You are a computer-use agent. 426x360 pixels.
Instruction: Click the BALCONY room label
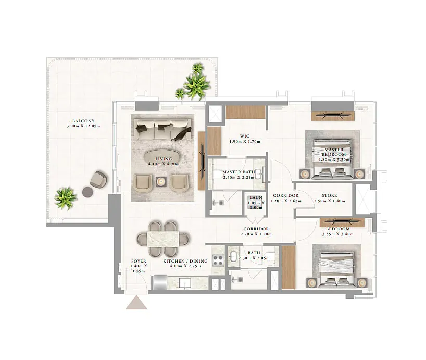coord(83,121)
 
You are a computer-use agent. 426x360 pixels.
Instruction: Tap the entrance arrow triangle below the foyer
coord(136,303)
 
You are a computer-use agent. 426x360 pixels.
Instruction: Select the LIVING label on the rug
coord(164,159)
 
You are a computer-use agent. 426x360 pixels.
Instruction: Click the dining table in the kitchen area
coord(162,239)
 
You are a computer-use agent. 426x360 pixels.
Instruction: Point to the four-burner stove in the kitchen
coord(218,260)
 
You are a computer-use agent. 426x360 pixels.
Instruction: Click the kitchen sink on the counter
coord(186,283)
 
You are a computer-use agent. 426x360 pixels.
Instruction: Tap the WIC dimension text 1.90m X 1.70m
coord(245,142)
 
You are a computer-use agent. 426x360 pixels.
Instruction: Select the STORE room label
coord(329,195)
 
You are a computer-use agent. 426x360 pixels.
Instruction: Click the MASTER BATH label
coord(239,172)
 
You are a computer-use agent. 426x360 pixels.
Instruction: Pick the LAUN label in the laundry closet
coord(256,197)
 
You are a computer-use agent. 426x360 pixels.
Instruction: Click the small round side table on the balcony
coord(88,192)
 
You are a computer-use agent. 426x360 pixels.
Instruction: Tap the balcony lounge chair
coord(98,179)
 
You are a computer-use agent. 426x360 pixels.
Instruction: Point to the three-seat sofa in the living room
coord(162,129)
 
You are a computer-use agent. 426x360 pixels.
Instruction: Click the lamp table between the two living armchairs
coord(160,182)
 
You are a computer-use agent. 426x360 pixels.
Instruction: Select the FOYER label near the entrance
coord(139,261)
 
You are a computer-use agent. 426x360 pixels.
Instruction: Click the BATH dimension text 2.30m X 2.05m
coord(254,258)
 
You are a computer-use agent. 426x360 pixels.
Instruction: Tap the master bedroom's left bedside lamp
coord(305,174)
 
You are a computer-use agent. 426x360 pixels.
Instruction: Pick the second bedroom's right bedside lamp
coord(362,283)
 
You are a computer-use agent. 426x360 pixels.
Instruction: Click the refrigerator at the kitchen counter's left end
coord(160,282)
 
